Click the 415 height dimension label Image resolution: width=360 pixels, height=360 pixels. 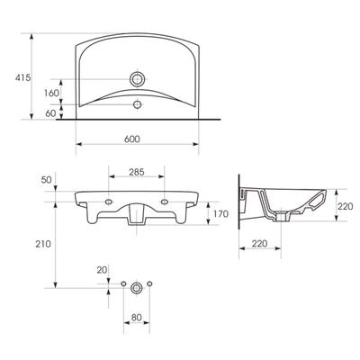coord(22,77)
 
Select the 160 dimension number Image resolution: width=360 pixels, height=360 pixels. coord(51,94)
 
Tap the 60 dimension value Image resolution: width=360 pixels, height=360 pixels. coord(50,113)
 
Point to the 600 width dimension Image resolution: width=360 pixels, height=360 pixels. coord(132,139)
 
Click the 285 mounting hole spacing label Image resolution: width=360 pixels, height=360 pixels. coord(137,172)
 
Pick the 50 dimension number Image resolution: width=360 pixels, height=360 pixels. coord(47,180)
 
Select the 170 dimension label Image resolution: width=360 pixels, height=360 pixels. coord(220,214)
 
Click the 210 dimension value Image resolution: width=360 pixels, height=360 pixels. coord(43,244)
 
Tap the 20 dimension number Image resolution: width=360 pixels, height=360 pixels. coord(102,270)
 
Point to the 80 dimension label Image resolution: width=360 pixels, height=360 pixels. coord(136,318)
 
